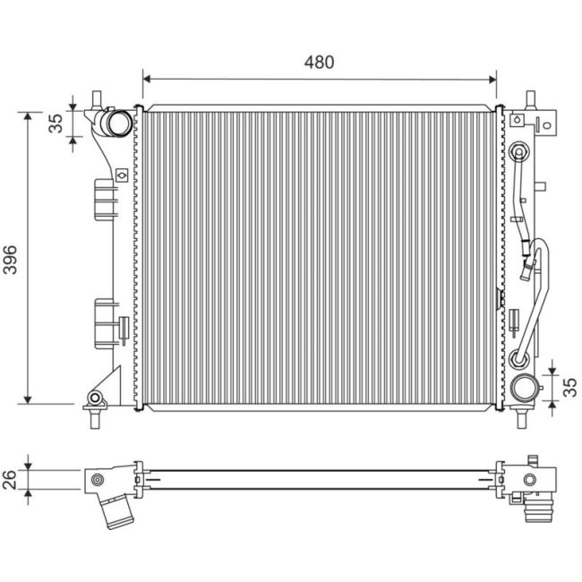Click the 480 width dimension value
click(x=319, y=62)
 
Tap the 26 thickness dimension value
click(x=12, y=479)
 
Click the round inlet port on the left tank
click(x=115, y=123)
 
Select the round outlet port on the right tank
click(x=525, y=390)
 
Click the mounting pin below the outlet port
click(x=525, y=417)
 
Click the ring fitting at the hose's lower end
click(x=518, y=360)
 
